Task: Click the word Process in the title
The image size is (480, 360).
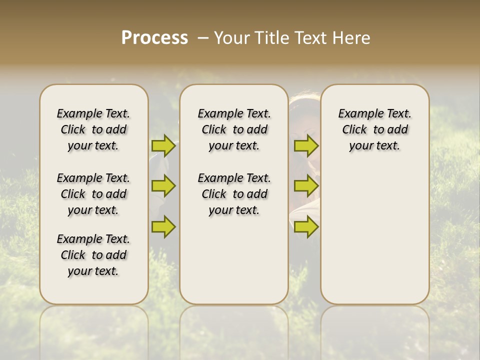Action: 154,38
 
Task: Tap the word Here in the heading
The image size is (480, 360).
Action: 353,38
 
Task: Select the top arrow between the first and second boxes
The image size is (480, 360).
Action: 163,145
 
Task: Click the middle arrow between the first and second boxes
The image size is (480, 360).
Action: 163,186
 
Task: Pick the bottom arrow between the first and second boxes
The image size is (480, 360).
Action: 163,226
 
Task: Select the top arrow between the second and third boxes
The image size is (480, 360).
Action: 306,145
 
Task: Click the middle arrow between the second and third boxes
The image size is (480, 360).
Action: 306,186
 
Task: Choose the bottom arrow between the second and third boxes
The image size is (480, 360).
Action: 306,226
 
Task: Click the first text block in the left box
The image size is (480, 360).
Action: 93,129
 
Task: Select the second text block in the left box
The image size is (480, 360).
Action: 93,194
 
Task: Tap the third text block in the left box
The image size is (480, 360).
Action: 93,255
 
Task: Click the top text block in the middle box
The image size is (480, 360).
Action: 234,129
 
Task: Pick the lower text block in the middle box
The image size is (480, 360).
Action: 234,194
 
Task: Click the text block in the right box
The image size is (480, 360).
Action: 375,129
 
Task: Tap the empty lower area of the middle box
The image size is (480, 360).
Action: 234,265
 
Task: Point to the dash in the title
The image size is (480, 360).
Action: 203,38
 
